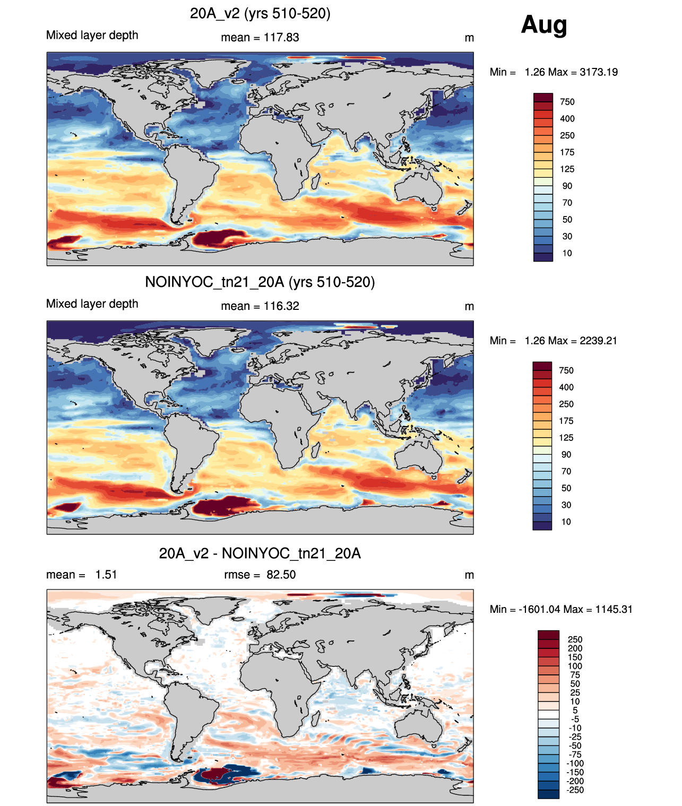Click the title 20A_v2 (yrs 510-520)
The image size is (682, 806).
(x=260, y=14)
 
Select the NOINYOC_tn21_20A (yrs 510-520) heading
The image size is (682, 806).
(x=260, y=282)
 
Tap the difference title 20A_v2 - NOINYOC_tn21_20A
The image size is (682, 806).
(x=260, y=554)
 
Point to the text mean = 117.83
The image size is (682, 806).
(x=260, y=38)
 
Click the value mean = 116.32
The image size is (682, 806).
(x=260, y=306)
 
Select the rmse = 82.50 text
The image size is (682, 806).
(x=260, y=575)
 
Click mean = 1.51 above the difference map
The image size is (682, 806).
(x=82, y=575)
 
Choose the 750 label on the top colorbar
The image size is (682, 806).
(x=567, y=102)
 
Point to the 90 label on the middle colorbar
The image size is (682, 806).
(x=566, y=455)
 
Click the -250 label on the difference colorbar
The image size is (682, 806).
(x=575, y=791)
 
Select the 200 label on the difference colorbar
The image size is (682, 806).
(x=575, y=648)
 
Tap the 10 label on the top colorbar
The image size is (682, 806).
(x=567, y=254)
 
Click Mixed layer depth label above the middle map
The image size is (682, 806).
(x=92, y=304)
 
